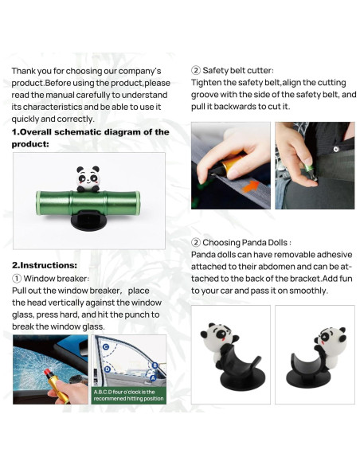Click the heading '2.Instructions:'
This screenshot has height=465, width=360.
tap(44, 264)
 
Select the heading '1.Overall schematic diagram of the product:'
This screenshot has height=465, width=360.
tap(90, 138)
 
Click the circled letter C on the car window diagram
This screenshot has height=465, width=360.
tap(106, 348)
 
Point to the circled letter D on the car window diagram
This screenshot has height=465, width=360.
tap(108, 369)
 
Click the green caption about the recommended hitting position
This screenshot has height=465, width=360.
tap(128, 395)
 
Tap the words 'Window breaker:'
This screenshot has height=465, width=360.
tap(56, 279)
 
